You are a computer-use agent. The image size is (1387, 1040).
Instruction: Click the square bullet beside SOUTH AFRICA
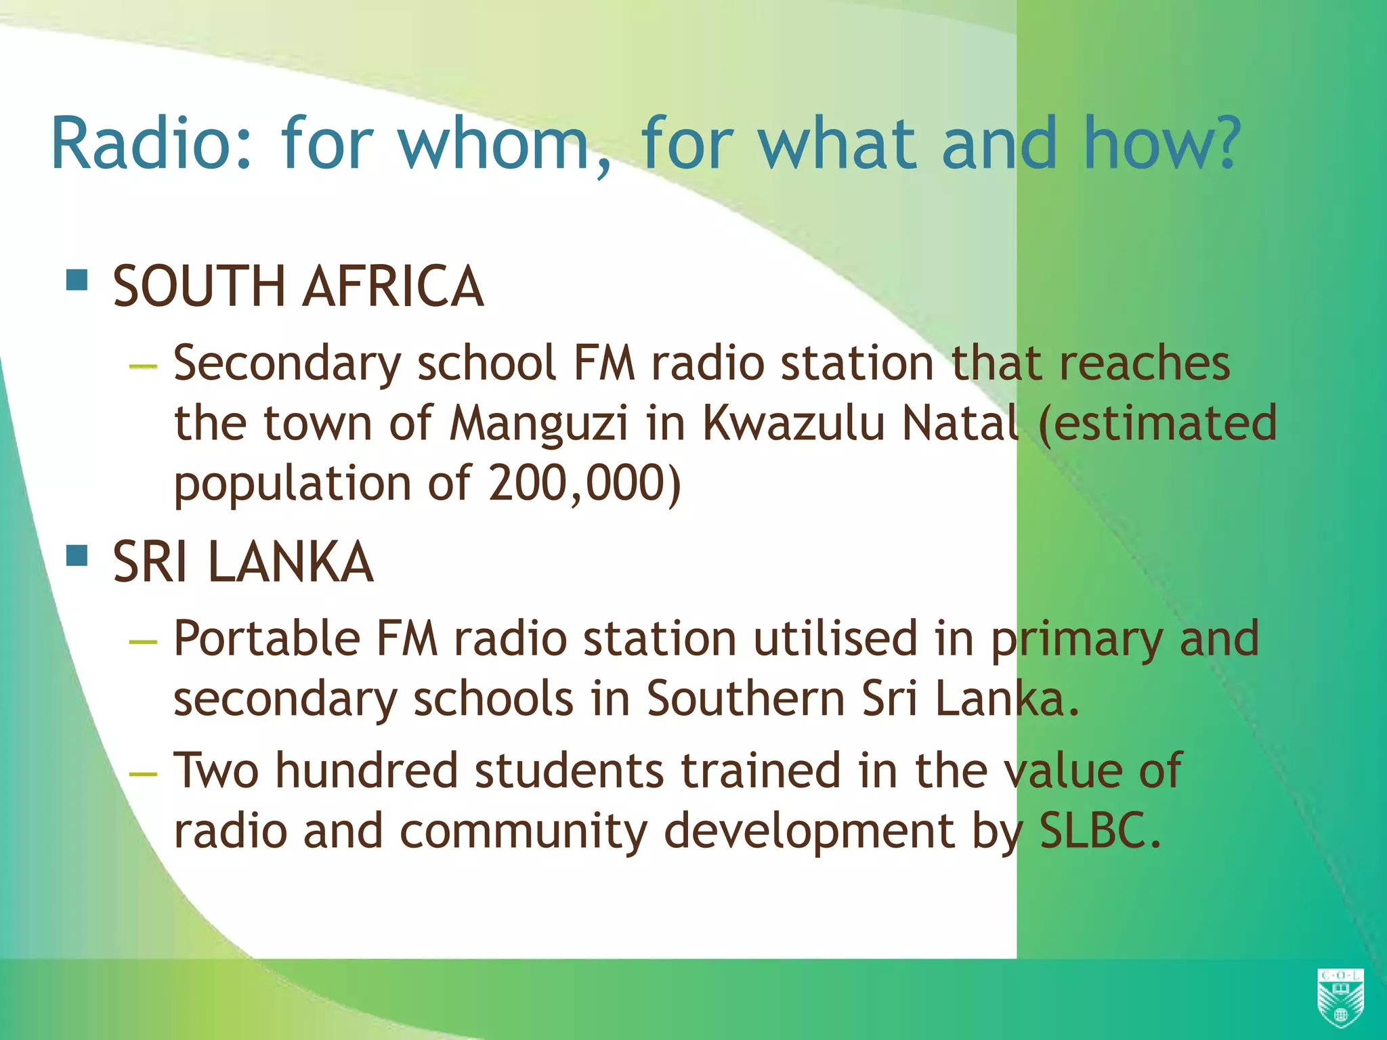tap(77, 280)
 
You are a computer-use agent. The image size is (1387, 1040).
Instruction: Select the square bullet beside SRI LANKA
tap(77, 556)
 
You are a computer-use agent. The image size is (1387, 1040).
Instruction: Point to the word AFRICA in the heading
tap(393, 286)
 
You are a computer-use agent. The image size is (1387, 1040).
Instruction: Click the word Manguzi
tap(539, 424)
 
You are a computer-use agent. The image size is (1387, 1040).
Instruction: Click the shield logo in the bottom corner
tap(1340, 997)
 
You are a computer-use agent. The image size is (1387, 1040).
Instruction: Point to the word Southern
tap(746, 699)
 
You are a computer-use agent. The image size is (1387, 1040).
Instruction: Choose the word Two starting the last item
tap(216, 771)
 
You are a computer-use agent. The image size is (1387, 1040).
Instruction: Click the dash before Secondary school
tap(143, 366)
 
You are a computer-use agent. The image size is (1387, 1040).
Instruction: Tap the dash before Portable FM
tap(143, 641)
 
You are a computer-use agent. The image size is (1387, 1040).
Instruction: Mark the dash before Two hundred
tap(143, 773)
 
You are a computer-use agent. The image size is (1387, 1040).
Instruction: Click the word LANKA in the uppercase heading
tap(291, 563)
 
